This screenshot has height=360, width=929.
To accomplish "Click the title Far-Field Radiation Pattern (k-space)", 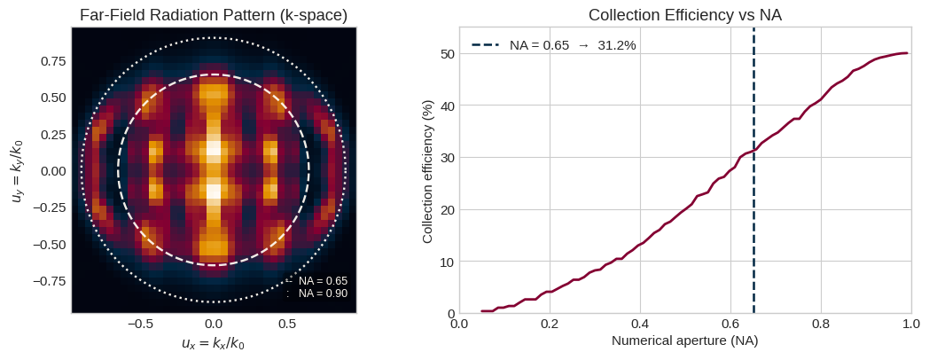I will [x=214, y=15].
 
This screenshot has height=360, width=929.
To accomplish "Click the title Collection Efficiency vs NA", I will [x=685, y=15].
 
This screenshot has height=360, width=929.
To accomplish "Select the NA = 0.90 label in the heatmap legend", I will [x=323, y=293].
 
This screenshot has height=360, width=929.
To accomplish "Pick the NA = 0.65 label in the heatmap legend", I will [x=323, y=280].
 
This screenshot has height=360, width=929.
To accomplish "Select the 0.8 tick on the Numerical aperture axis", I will [x=821, y=323].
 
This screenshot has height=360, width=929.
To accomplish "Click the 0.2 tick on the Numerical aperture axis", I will [x=550, y=323].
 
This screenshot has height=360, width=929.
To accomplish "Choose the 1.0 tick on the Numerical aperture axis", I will [x=911, y=323].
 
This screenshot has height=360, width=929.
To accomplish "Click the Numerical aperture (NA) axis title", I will [x=685, y=340].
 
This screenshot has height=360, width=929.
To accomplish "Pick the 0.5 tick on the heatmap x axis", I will [x=286, y=324].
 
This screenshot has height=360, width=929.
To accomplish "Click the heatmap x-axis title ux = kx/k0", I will [x=213, y=343].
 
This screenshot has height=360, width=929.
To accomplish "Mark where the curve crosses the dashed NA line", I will [x=753, y=151].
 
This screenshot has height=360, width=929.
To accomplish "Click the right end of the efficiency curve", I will [x=907, y=53].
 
